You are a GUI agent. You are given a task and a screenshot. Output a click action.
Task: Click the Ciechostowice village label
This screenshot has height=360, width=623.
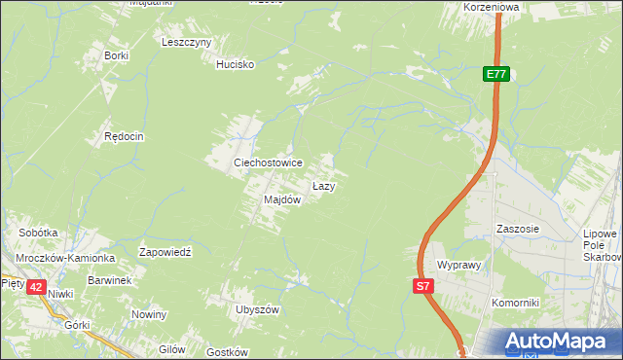click(x=267, y=162)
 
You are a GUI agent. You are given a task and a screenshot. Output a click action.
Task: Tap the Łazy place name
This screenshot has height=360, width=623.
click(x=324, y=185)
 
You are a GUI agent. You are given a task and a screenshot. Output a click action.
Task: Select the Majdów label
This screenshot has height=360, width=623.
click(x=281, y=199)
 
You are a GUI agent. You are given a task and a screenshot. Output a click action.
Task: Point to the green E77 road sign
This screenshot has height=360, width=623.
click(x=496, y=74)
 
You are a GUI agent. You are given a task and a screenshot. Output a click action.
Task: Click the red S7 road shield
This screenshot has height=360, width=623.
click(x=422, y=286)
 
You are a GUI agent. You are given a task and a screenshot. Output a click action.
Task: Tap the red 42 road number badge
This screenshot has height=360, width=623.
click(x=36, y=286)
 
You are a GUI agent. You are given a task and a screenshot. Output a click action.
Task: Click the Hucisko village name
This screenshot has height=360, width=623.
click(x=235, y=64)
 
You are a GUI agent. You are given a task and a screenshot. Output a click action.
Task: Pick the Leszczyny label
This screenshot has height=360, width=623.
click(x=187, y=42)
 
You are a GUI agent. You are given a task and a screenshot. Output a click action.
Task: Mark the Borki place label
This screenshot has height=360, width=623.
click(x=117, y=55)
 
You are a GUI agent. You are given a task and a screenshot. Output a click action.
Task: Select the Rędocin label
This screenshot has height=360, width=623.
click(x=124, y=137)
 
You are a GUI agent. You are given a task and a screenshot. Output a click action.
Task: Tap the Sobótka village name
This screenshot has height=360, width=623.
click(x=39, y=234)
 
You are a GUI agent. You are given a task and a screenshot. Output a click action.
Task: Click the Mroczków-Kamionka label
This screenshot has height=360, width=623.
click(x=64, y=258)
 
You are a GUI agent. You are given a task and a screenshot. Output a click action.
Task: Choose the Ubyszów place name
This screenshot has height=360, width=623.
click(x=257, y=309)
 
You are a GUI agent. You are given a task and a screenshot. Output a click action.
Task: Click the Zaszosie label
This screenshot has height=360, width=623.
click(x=517, y=230)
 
